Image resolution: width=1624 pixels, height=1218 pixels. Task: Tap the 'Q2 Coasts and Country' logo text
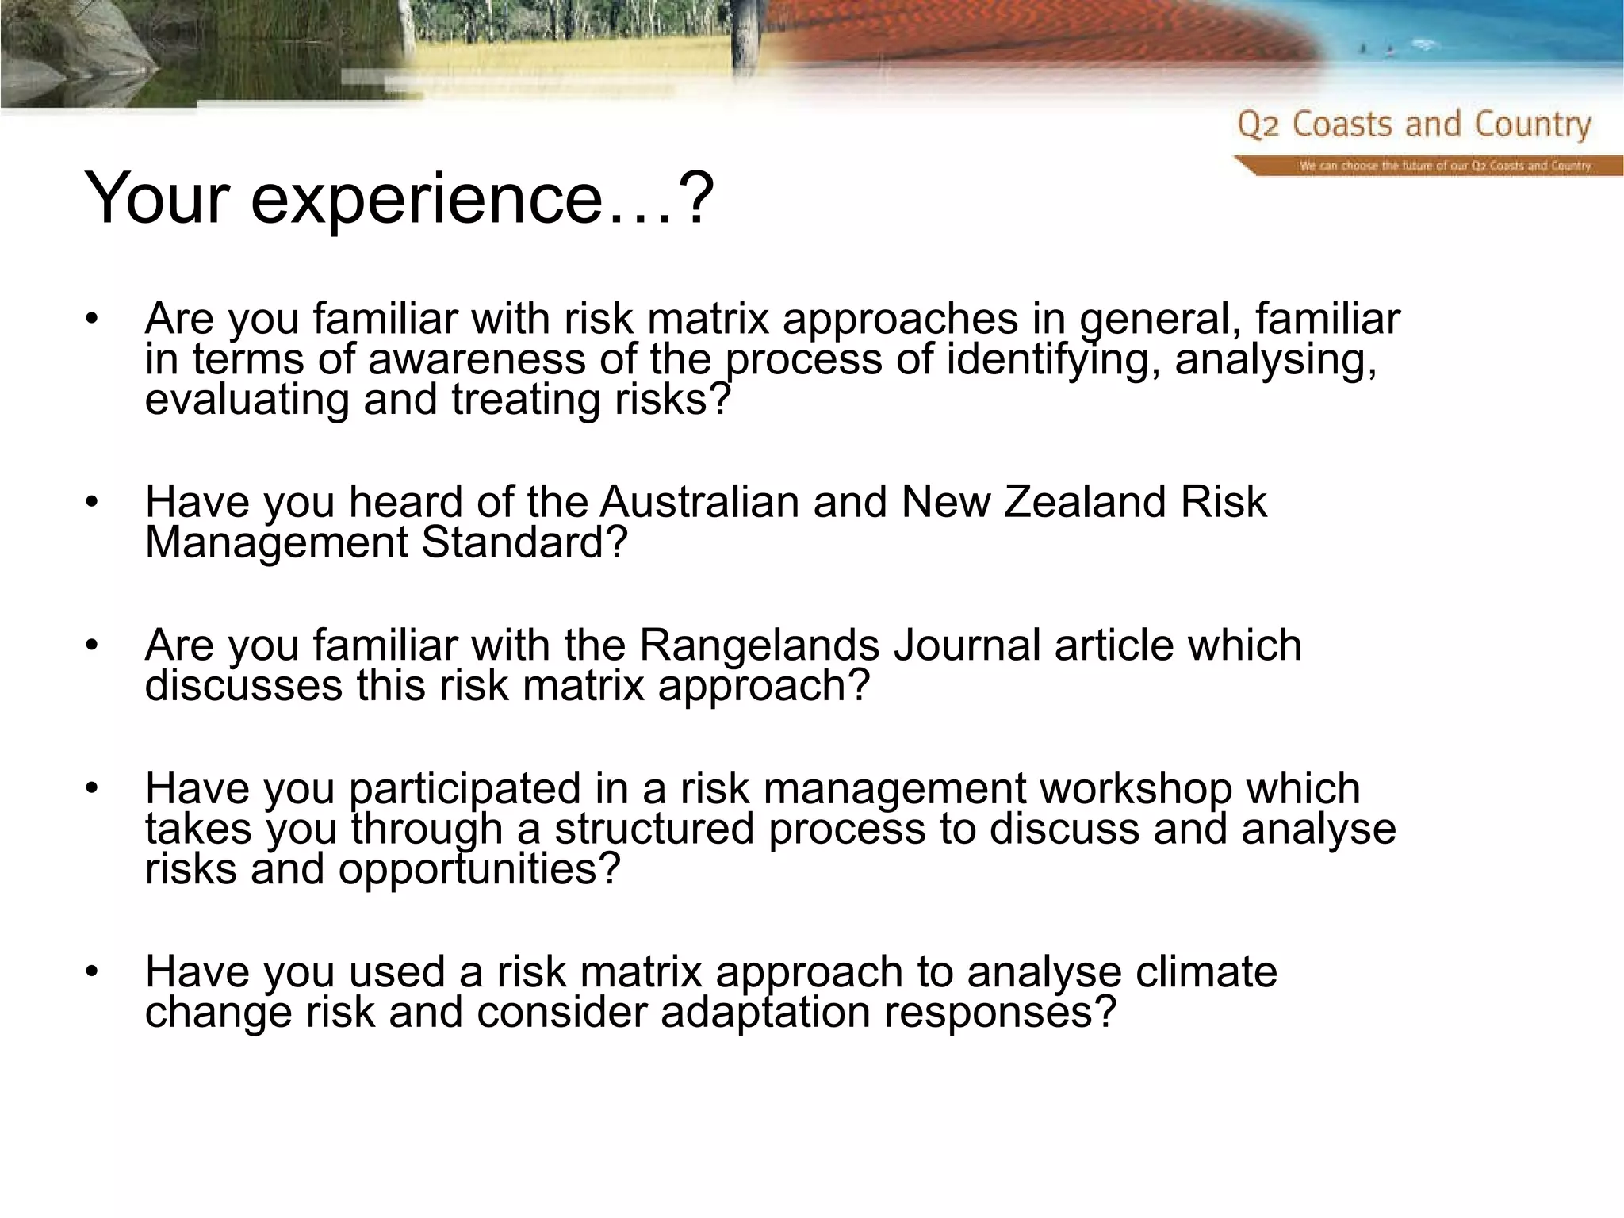tap(1414, 125)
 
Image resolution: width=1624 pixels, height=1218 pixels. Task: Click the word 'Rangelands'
tap(759, 645)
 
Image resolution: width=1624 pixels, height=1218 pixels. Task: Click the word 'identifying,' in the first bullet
tap(1053, 359)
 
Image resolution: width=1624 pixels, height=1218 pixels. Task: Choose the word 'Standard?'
tap(524, 542)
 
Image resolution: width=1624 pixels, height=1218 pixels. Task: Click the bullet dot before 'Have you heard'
tap(92, 502)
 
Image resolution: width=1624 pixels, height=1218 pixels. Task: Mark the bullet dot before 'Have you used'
tap(92, 971)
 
